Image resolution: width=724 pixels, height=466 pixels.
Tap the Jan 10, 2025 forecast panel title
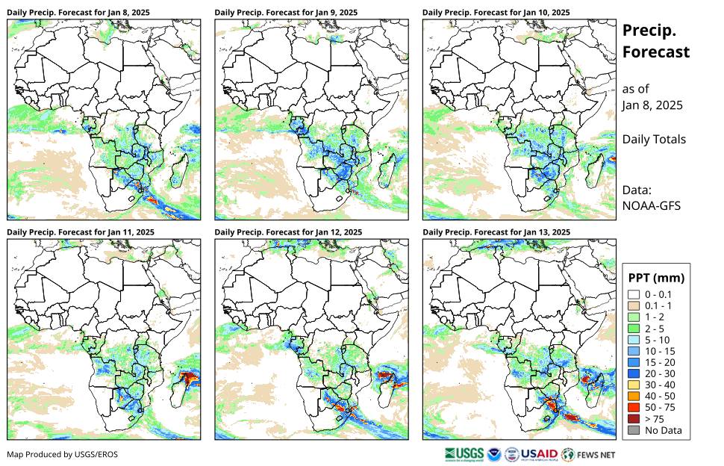[x=496, y=13]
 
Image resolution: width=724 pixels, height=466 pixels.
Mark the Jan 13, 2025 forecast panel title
[x=496, y=232]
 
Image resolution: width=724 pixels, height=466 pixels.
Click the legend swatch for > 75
[x=634, y=419]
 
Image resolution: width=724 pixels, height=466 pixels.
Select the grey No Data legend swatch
[x=634, y=430]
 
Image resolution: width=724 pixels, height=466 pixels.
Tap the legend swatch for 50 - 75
[x=634, y=408]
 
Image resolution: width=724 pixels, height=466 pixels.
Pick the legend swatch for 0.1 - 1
[x=634, y=305]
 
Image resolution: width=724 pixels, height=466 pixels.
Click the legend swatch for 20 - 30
[x=634, y=373]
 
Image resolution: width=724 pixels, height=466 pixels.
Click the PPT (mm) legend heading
[x=656, y=278]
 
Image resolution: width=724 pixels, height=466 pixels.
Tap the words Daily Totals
[x=654, y=139]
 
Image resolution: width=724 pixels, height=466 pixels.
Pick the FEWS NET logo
[x=589, y=453]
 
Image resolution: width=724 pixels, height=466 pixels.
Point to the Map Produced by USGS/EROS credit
[x=62, y=454]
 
